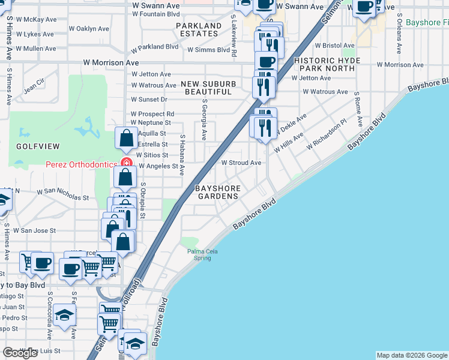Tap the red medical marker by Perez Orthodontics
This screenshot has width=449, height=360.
click(x=126, y=163)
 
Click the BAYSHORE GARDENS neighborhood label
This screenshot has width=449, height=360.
click(x=218, y=192)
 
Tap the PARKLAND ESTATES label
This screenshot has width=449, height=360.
click(x=199, y=30)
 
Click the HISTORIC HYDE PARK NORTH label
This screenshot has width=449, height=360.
click(x=327, y=65)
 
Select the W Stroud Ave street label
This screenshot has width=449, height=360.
click(x=241, y=163)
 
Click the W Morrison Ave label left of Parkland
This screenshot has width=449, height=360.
click(x=111, y=62)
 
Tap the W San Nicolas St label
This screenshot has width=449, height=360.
click(x=62, y=194)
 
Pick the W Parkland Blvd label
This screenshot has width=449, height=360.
click(x=155, y=46)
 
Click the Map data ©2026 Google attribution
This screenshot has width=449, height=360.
click(x=412, y=355)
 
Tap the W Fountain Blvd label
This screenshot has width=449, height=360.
click(x=155, y=13)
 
